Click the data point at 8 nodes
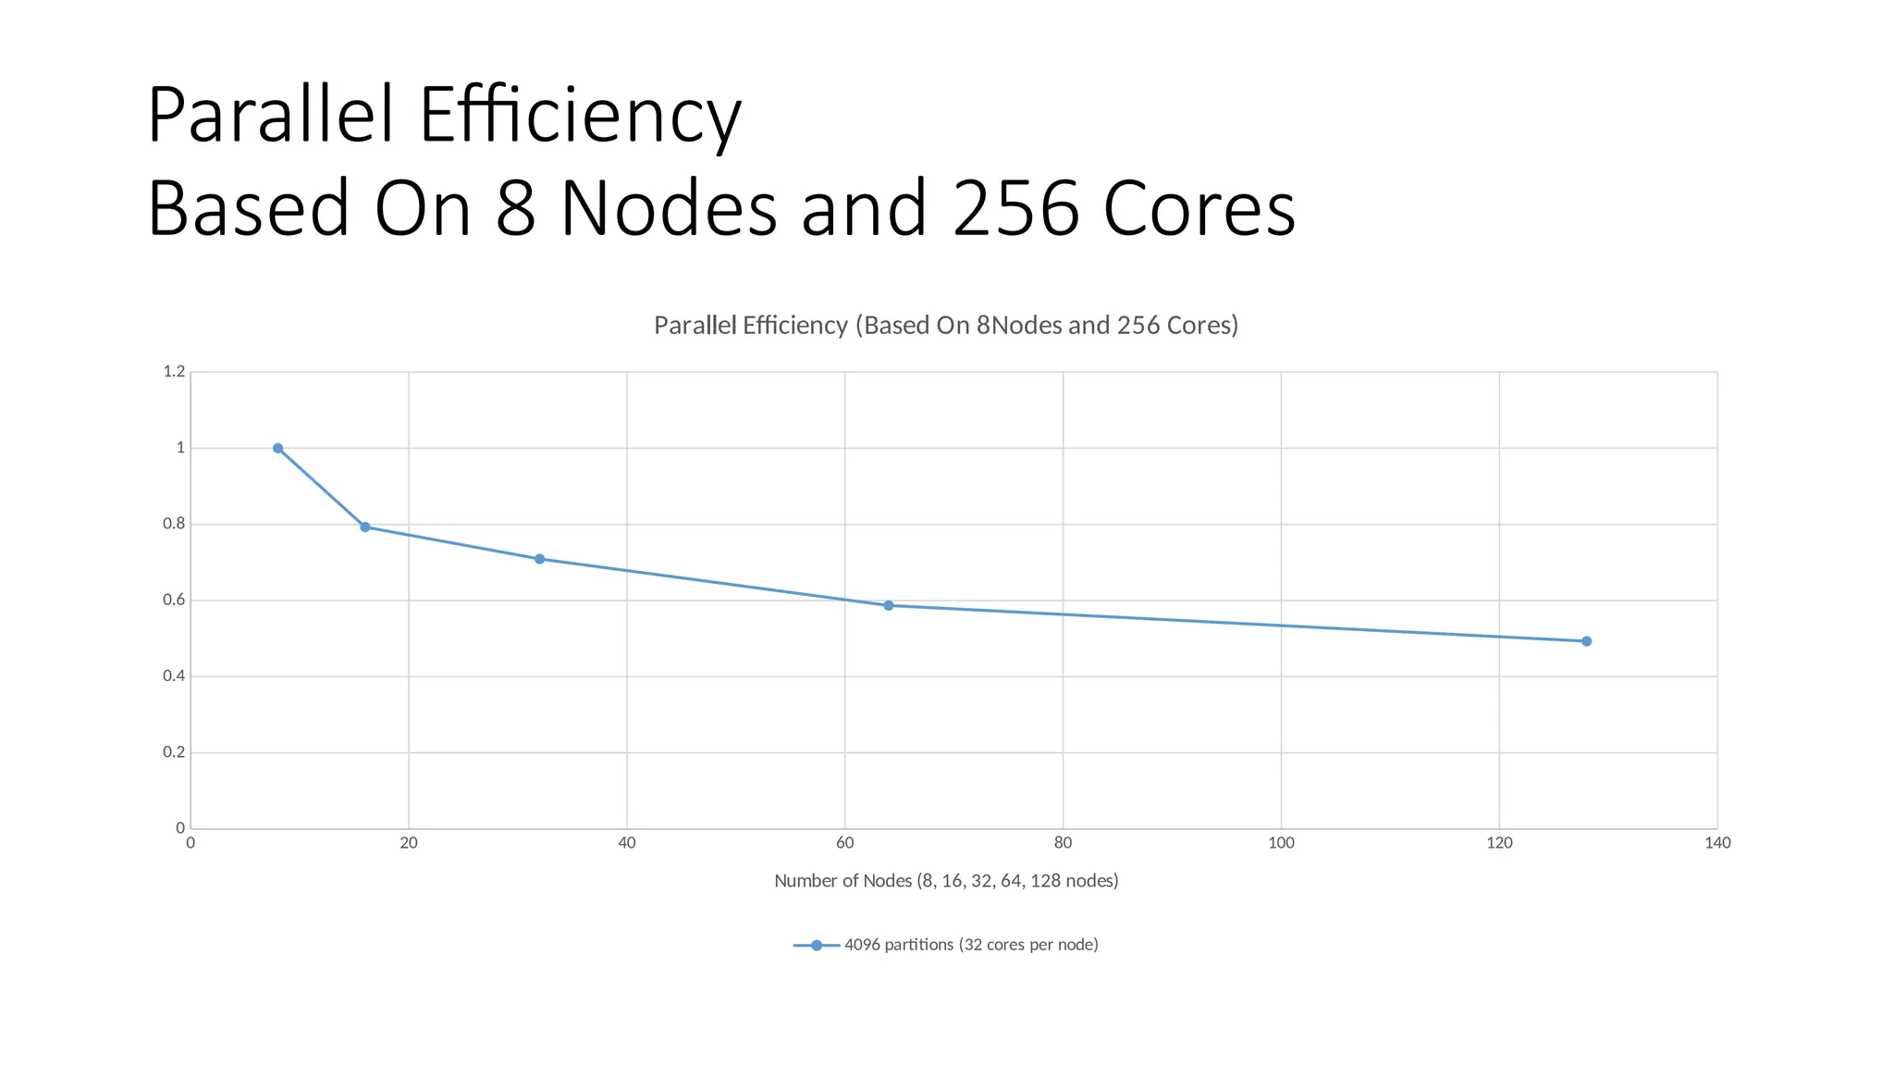click(x=277, y=448)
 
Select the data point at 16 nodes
click(x=364, y=527)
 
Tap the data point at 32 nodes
click(x=539, y=559)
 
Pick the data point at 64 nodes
click(x=888, y=605)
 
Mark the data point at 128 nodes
click(x=1586, y=641)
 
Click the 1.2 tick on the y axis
click(x=174, y=372)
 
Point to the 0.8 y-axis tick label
click(x=174, y=524)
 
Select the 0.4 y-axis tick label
click(x=174, y=676)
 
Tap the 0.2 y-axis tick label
click(x=174, y=752)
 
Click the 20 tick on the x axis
click(x=409, y=843)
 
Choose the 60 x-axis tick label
click(x=844, y=843)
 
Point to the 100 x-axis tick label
click(x=1281, y=843)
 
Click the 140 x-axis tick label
click(x=1717, y=843)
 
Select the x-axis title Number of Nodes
click(x=945, y=881)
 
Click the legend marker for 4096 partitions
click(x=817, y=945)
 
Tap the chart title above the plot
click(x=945, y=326)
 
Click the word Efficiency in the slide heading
click(x=580, y=116)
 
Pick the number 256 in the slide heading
click(x=1015, y=209)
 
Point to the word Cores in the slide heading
click(x=1199, y=209)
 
